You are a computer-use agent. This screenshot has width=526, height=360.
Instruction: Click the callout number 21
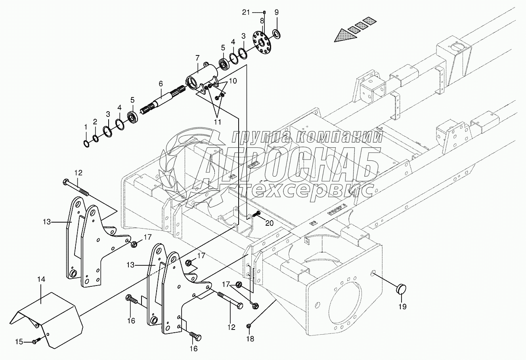pyautogui.click(x=247, y=12)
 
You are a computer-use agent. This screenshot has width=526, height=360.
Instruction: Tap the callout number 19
pyautogui.click(x=403, y=307)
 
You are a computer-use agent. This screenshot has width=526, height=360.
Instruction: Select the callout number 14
pyautogui.click(x=42, y=280)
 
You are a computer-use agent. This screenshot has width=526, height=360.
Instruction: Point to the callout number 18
pyautogui.click(x=251, y=339)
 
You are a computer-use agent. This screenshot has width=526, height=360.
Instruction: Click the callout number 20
pyautogui.click(x=269, y=223)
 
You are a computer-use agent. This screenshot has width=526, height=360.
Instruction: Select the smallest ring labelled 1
pyautogui.click(x=86, y=143)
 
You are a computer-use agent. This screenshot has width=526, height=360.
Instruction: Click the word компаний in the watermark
pyautogui.click(x=340, y=137)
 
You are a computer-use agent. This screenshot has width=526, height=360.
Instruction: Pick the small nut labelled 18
pyautogui.click(x=249, y=326)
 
